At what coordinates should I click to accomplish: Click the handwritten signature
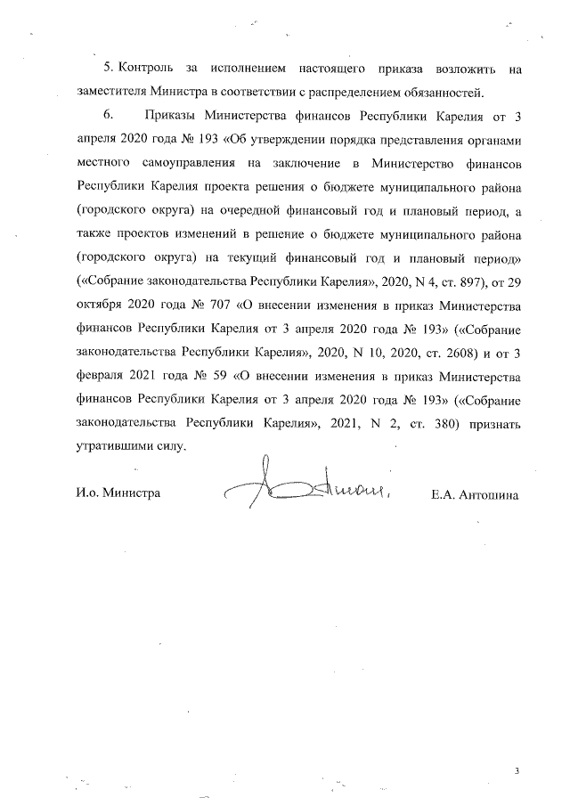click(x=307, y=486)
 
